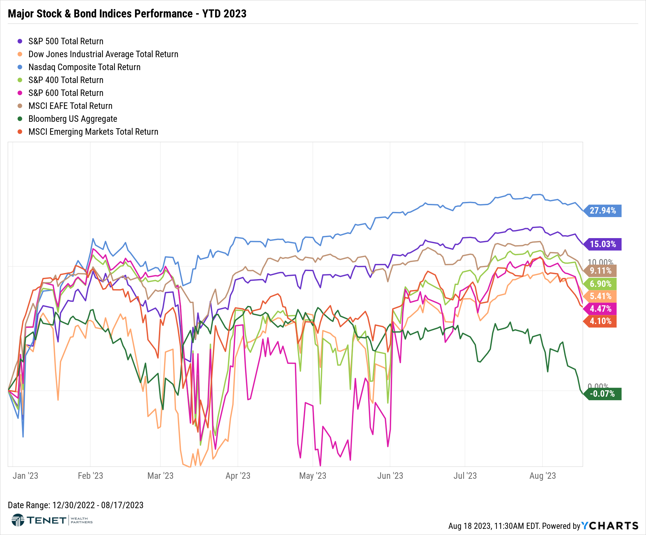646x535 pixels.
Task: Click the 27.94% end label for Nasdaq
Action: tap(603, 211)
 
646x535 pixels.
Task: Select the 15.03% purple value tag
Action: tap(603, 244)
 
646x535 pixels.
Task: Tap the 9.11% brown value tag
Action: tap(600, 271)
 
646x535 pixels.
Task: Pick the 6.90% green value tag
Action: tap(600, 284)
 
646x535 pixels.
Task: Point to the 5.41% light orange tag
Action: tap(600, 296)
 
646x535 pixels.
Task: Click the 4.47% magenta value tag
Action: tap(600, 309)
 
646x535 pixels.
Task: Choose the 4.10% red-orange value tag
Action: tap(600, 321)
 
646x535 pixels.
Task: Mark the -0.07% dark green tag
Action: tap(602, 394)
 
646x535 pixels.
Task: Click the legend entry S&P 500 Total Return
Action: tap(66, 41)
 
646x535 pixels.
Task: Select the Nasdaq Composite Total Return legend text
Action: tap(84, 67)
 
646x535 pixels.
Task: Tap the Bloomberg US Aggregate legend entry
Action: tap(73, 119)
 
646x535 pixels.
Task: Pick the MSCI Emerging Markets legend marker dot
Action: tap(20, 132)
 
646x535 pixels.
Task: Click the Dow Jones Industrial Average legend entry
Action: tap(103, 54)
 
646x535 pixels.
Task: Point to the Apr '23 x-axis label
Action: tap(238, 476)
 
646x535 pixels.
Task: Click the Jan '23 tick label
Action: tap(25, 476)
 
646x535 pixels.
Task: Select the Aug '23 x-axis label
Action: tap(542, 476)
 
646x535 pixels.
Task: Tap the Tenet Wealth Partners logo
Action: tap(52, 520)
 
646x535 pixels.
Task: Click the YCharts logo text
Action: tap(610, 526)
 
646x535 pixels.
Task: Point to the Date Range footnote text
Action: tap(76, 505)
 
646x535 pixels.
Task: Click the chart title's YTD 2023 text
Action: tap(224, 14)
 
